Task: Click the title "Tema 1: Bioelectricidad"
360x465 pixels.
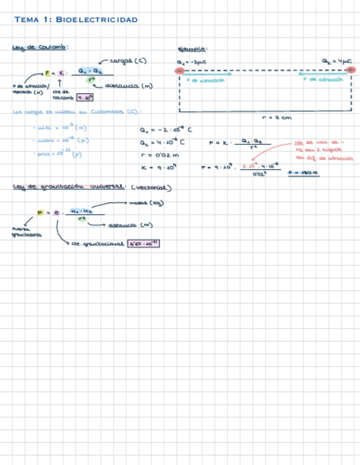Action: [x=76, y=20]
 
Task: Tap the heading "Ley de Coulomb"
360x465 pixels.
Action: [x=40, y=48]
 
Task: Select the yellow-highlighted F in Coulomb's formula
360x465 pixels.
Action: [x=47, y=73]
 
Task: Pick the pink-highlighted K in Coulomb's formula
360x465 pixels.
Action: [x=61, y=73]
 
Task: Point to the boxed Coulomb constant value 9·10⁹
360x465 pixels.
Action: [x=86, y=98]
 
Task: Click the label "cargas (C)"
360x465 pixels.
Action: [x=128, y=61]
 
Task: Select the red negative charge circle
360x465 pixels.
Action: [x=180, y=71]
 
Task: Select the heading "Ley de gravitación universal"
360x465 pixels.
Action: [x=70, y=187]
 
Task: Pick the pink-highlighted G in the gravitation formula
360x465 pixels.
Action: [x=55, y=213]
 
